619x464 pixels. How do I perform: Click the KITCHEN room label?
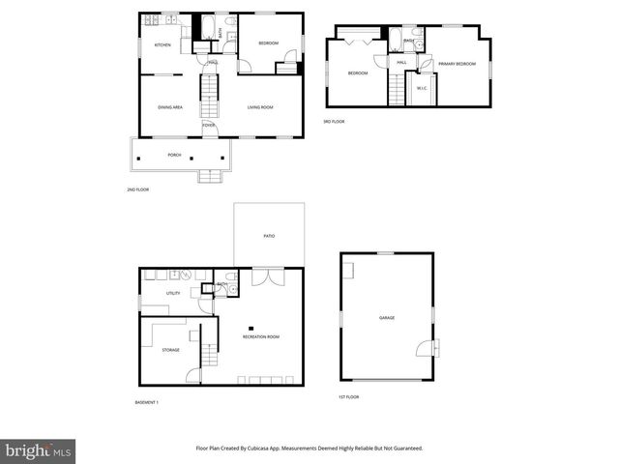pyautogui.click(x=162, y=44)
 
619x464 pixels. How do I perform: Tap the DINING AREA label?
pyautogui.click(x=170, y=107)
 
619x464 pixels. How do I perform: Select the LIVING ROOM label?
pyautogui.click(x=259, y=107)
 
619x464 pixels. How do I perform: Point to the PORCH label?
pyautogui.click(x=174, y=155)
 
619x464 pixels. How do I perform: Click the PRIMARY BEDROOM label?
pyautogui.click(x=456, y=64)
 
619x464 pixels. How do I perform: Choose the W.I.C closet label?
pyautogui.click(x=422, y=89)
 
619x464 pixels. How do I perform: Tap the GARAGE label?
pyautogui.click(x=386, y=318)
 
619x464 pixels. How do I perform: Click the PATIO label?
pyautogui.click(x=269, y=235)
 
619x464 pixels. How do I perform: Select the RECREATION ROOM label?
pyautogui.click(x=260, y=336)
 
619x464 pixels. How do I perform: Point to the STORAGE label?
pyautogui.click(x=170, y=350)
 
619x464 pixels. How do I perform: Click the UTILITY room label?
pyautogui.click(x=173, y=293)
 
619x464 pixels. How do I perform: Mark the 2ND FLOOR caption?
pyautogui.click(x=137, y=189)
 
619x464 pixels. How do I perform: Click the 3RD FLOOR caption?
pyautogui.click(x=334, y=122)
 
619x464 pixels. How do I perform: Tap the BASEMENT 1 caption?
pyautogui.click(x=146, y=402)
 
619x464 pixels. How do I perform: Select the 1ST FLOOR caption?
pyautogui.click(x=348, y=397)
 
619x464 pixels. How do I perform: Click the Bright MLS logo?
pyautogui.click(x=39, y=451)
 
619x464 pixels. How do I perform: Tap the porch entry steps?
pyautogui.click(x=210, y=176)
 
